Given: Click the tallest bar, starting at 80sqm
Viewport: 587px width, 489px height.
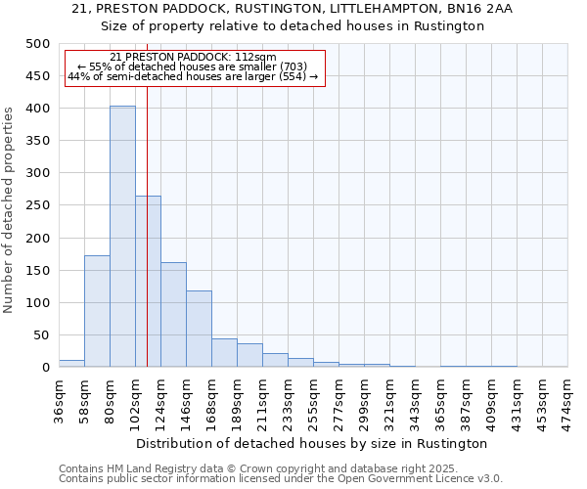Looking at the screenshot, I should tap(122, 237).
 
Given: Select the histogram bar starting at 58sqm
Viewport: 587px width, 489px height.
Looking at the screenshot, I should tap(97, 311).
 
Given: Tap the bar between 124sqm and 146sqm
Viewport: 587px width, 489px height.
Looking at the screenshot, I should tap(173, 314).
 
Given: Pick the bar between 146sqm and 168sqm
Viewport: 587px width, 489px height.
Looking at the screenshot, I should tap(199, 329).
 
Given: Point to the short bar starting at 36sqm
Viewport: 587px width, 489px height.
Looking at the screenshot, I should tap(71, 363).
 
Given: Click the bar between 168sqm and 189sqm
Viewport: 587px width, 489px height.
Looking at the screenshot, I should tap(224, 353).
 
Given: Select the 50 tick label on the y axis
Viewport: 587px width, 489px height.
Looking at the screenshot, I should tap(41, 335).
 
